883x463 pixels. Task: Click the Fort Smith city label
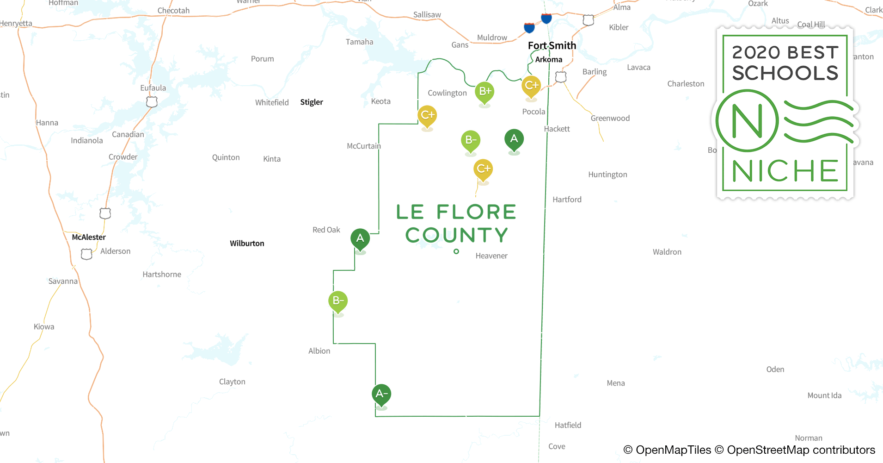click(x=552, y=45)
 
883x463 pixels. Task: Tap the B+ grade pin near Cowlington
click(x=484, y=92)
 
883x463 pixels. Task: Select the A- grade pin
click(x=381, y=394)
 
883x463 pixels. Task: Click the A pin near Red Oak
click(x=360, y=239)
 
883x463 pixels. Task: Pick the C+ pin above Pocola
click(x=531, y=86)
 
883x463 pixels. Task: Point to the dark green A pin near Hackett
click(x=514, y=139)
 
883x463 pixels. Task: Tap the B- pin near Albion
click(x=338, y=301)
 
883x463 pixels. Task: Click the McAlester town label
click(x=89, y=237)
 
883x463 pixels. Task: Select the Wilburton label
click(x=247, y=244)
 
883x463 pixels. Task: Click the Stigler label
click(x=312, y=102)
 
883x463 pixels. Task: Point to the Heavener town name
click(x=491, y=256)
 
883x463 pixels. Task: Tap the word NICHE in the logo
click(x=785, y=171)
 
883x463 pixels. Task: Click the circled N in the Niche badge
click(x=747, y=121)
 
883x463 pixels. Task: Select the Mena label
click(x=615, y=383)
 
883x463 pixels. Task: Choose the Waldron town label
click(x=667, y=252)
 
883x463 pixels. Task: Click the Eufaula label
click(x=153, y=88)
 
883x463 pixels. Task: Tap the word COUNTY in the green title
click(x=457, y=235)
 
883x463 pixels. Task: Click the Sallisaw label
click(x=427, y=15)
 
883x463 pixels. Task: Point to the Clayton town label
click(x=232, y=382)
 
